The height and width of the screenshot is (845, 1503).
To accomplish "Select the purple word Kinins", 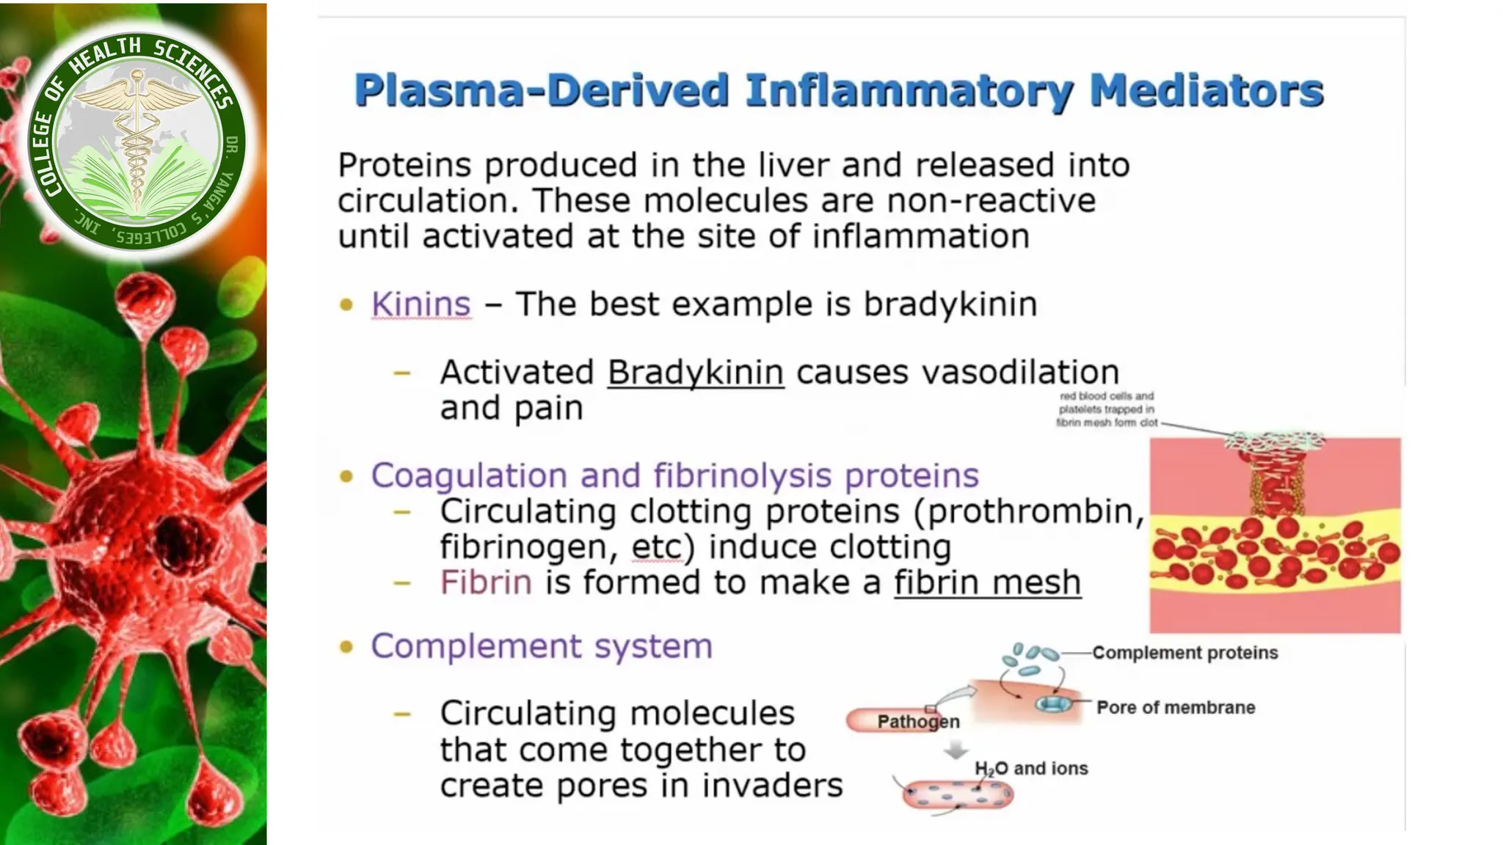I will [x=421, y=304].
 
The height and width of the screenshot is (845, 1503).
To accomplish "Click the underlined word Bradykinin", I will [x=695, y=372].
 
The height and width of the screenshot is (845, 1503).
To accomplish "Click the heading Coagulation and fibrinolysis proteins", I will [x=674, y=475].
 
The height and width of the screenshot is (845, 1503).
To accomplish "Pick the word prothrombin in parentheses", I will [x=1030, y=511].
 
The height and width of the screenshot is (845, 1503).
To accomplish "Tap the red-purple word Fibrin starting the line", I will [x=485, y=582].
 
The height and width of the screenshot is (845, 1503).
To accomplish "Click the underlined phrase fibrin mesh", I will [x=987, y=582].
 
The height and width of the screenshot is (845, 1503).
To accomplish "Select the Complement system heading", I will [x=542, y=646].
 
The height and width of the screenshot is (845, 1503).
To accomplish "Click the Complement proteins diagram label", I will [x=1184, y=653].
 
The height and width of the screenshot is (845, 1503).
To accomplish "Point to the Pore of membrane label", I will [x=1176, y=707].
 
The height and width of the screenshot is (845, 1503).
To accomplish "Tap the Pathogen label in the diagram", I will [x=918, y=722].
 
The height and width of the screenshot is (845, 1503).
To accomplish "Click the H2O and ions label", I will [x=1031, y=769].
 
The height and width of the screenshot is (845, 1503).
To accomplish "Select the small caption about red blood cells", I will [x=1107, y=409].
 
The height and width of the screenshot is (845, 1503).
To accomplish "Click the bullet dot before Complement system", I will [x=346, y=647].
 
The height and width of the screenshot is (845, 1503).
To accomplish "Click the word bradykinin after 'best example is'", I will [x=950, y=304].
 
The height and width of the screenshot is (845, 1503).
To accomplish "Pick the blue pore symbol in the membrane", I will [x=1054, y=705].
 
